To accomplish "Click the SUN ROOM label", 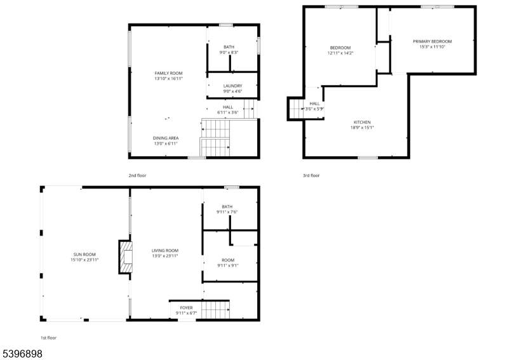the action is click(84, 255).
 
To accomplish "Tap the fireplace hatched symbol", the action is click(126, 257).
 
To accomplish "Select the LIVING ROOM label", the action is click(165, 251).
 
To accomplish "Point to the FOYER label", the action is click(186, 308).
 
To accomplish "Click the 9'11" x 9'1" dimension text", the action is click(228, 265).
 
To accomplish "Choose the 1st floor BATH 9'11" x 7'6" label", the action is click(227, 210).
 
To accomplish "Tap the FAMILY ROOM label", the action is click(168, 73).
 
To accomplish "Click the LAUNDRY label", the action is click(232, 86).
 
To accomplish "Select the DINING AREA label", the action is click(166, 138).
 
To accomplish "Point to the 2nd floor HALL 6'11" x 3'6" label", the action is click(228, 110).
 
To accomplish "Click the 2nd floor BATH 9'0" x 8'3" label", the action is click(229, 50).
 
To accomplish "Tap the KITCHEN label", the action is click(362, 122).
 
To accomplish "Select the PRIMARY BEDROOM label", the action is click(432, 41).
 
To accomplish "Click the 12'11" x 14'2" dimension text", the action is click(340, 53).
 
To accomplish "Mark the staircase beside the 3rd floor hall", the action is click(296, 109).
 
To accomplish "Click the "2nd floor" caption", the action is click(137, 176).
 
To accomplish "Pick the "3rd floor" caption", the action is click(311, 176).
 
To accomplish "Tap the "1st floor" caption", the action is click(48, 338).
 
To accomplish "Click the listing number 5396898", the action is click(22, 354).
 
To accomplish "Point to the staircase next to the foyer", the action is click(215, 310).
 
